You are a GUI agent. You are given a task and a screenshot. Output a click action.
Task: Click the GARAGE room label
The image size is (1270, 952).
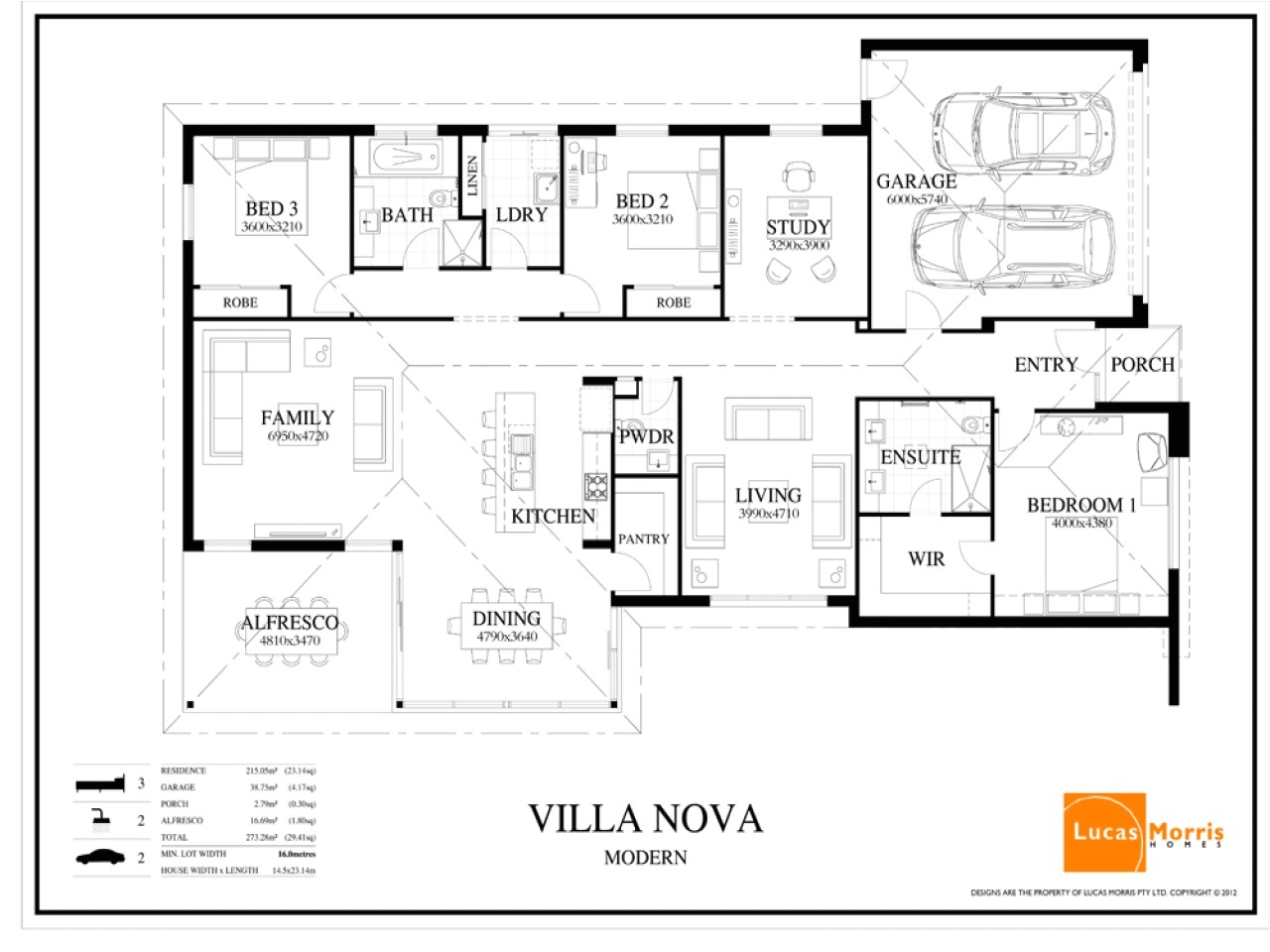[x=916, y=181]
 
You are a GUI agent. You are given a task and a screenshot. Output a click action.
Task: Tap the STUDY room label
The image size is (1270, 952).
[x=798, y=227]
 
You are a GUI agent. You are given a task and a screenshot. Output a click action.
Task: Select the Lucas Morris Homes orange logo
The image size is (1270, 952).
[x=1104, y=832]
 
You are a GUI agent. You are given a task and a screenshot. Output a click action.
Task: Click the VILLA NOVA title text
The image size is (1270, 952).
[x=645, y=819]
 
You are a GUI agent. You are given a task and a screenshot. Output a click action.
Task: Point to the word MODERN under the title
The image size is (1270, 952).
[x=645, y=858]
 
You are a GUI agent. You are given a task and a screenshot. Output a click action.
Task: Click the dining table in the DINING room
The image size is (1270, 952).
[x=506, y=626]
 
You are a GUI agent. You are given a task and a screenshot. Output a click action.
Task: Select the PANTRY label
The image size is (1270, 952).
[x=643, y=539]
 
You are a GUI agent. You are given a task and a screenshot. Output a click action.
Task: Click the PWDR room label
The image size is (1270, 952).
[x=646, y=436]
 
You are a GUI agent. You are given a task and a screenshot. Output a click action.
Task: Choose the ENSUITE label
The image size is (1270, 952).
[x=920, y=457]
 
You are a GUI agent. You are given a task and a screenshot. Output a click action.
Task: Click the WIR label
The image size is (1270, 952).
[x=926, y=559]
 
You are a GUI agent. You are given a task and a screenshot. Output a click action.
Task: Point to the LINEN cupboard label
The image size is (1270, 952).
[x=473, y=176]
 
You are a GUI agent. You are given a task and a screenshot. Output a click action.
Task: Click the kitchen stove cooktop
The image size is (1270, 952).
[x=595, y=487]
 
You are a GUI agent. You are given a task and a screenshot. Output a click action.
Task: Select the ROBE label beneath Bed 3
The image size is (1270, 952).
[x=240, y=302]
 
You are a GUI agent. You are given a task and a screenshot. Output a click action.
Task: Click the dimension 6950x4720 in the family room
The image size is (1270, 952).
[x=298, y=436]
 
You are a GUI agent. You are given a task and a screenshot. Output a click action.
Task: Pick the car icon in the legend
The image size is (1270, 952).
[x=100, y=857]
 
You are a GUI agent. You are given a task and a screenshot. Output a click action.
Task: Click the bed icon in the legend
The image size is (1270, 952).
[x=100, y=784]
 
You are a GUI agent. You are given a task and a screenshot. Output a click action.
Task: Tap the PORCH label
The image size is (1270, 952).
[x=1142, y=365]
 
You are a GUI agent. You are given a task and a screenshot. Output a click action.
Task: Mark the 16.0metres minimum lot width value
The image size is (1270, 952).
[x=296, y=854]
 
